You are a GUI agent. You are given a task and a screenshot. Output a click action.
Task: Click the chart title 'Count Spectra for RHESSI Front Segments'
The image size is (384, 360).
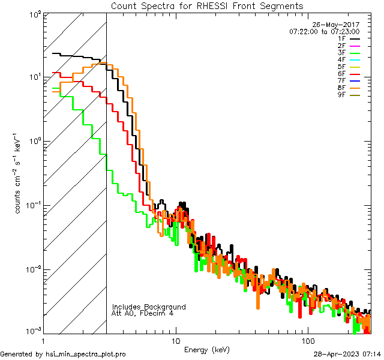click(207, 6)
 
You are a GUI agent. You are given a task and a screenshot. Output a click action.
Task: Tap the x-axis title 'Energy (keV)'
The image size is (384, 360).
click(206, 350)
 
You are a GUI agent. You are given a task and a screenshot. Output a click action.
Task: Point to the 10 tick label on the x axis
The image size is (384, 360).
click(175, 341)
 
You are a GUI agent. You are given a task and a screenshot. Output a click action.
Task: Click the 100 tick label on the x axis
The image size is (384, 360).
click(308, 341)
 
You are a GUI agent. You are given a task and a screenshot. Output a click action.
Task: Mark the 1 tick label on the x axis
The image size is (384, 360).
click(43, 341)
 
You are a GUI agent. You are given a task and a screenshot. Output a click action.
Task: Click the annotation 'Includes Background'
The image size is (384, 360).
click(149, 307)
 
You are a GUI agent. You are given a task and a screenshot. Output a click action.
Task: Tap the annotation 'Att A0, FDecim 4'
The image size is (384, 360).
click(143, 313)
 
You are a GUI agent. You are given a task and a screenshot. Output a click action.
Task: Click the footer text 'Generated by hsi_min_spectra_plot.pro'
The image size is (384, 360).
click(63, 354)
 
